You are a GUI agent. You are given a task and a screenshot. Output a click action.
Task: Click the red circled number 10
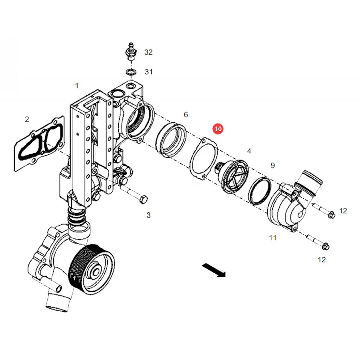[218, 129]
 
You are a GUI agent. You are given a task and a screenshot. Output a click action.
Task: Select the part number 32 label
[148, 52]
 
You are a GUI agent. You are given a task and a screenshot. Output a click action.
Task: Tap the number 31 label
[148, 72]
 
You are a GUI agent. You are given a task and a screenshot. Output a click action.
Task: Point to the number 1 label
[77, 86]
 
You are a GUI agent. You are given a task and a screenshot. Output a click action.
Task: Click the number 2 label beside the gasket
[27, 119]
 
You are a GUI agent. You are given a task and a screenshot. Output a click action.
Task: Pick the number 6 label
[186, 114]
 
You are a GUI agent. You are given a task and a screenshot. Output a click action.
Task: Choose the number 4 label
[249, 151]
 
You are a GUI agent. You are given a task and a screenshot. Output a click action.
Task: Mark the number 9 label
[272, 165]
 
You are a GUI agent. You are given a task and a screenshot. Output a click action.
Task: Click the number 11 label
[272, 238]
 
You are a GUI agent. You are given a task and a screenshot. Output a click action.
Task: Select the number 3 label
[148, 215]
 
